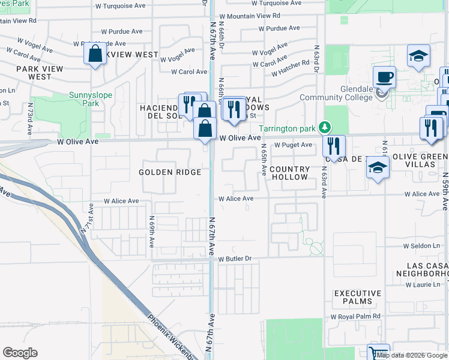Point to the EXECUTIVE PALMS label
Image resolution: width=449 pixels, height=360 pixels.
coord(358,297)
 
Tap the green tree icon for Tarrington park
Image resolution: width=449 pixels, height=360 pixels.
coord(325,127)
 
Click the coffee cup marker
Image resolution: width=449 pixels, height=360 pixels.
coord(384,77)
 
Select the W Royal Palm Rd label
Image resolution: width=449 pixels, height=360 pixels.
coord(355,316)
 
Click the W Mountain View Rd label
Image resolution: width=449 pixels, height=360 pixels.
coord(250,16)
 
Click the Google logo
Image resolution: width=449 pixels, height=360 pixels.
coord(20,353)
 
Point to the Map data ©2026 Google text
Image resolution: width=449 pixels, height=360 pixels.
coord(412,355)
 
